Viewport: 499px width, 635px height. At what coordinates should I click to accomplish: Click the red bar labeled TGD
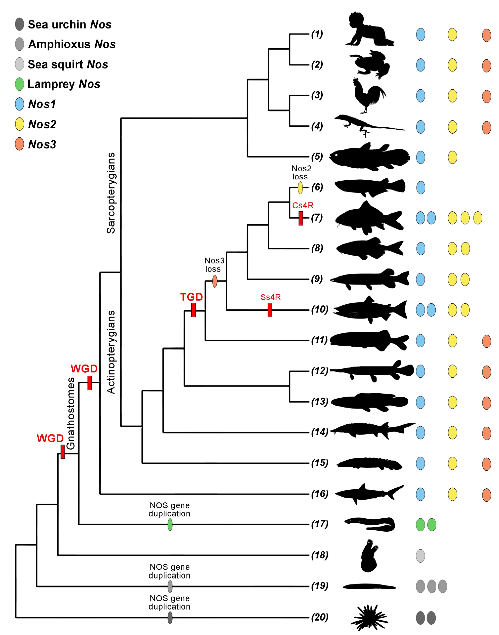[193, 310]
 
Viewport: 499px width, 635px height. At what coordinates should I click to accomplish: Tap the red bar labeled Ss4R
[270, 310]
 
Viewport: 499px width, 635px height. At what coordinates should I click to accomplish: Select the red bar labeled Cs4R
[301, 218]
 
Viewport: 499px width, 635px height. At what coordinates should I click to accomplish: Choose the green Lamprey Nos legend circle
[19, 85]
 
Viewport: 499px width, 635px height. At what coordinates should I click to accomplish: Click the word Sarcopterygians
[111, 193]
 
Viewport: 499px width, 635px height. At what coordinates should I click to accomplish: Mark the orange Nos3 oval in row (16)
[486, 495]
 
